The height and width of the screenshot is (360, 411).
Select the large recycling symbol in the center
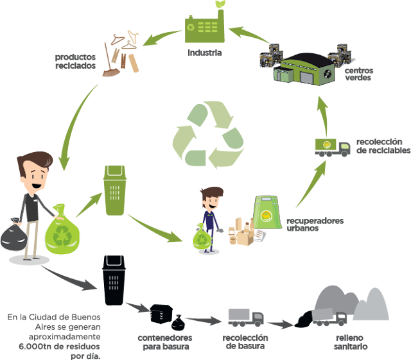click(207, 134)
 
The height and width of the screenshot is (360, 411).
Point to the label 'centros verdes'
click(357, 74)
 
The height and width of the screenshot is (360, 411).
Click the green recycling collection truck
click(331, 148)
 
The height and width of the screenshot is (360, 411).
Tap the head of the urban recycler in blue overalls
click(211, 198)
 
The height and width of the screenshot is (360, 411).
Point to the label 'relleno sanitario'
click(351, 341)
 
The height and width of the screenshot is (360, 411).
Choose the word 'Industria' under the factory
click(204, 52)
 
